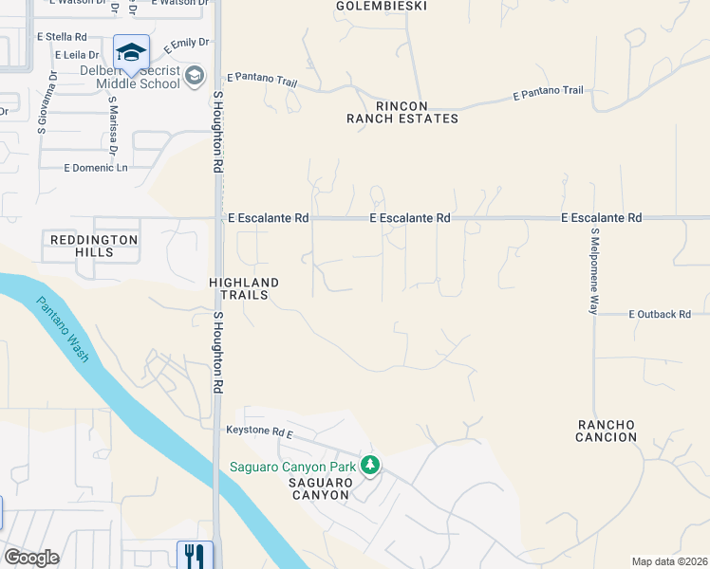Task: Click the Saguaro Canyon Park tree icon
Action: [370, 465]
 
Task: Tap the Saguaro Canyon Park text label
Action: [292, 467]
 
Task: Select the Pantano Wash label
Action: [64, 330]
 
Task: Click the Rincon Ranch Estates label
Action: [402, 112]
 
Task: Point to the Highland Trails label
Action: [244, 288]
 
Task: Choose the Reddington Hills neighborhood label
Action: [94, 246]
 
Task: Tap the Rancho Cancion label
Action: [606, 430]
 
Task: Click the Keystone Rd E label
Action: [259, 431]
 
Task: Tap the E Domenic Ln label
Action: [95, 168]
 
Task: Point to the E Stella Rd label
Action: [61, 36]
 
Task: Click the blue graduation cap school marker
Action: [131, 51]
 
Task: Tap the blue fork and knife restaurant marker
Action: [195, 554]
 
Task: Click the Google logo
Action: [31, 558]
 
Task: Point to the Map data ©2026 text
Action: [669, 561]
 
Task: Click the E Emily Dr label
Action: [185, 45]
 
